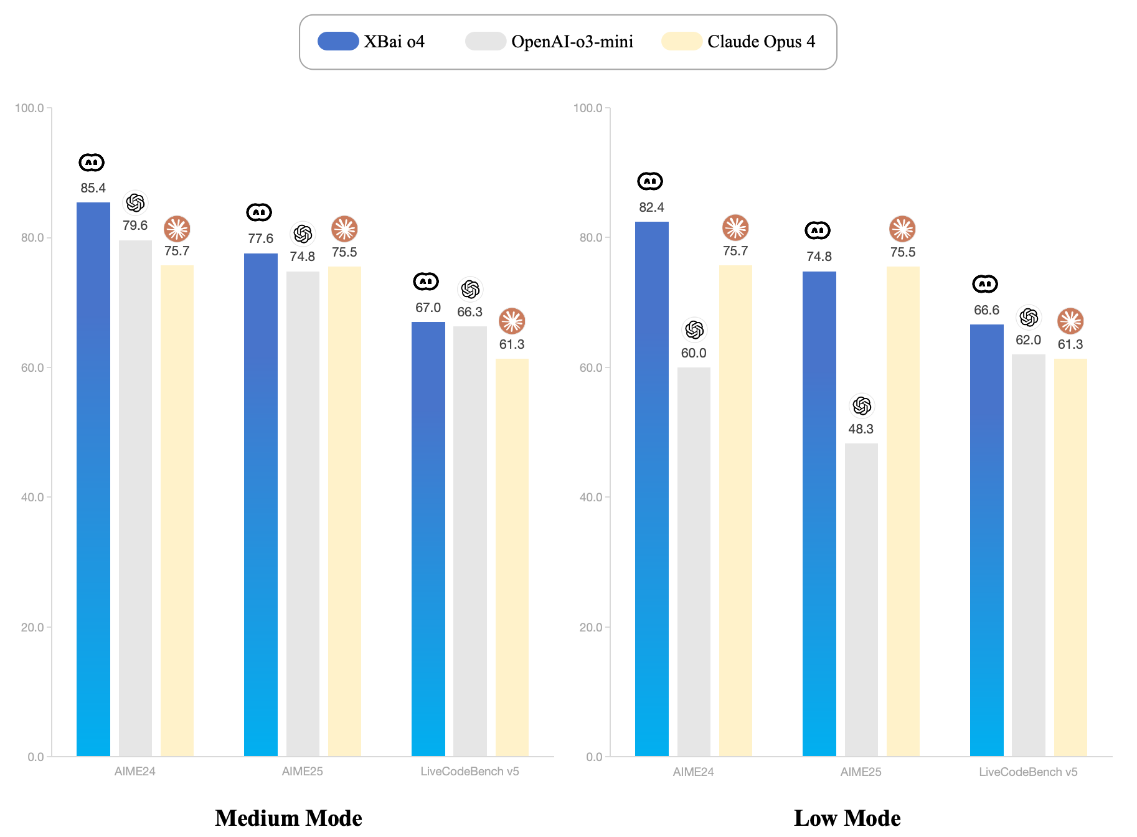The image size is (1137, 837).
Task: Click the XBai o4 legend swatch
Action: pos(338,41)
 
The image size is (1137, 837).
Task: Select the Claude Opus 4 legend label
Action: pos(761,42)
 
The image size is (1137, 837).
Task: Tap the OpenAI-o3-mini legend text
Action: pos(572,42)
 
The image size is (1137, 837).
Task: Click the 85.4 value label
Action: pos(93,188)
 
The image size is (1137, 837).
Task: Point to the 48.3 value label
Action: pos(861,429)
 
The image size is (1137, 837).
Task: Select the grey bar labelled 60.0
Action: pos(694,560)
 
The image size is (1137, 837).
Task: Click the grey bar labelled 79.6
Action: pos(135,498)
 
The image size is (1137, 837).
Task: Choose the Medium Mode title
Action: pos(288,818)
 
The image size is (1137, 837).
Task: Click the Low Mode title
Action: pos(847,818)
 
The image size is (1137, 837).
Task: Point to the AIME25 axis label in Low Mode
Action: pos(861,772)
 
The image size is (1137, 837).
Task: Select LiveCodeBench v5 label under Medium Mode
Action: pos(469,772)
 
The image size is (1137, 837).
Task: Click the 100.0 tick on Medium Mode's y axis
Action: pos(29,108)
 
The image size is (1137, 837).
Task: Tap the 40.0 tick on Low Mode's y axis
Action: pos(590,498)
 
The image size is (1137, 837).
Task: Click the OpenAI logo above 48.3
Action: pos(862,406)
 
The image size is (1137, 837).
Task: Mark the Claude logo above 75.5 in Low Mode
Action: pos(902,229)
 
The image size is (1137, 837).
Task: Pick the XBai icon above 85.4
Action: pos(92,163)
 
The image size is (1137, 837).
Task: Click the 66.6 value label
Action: pos(986,310)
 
